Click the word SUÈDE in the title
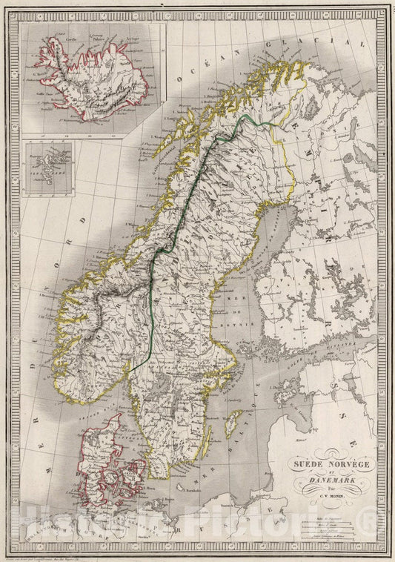(x=299, y=466)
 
